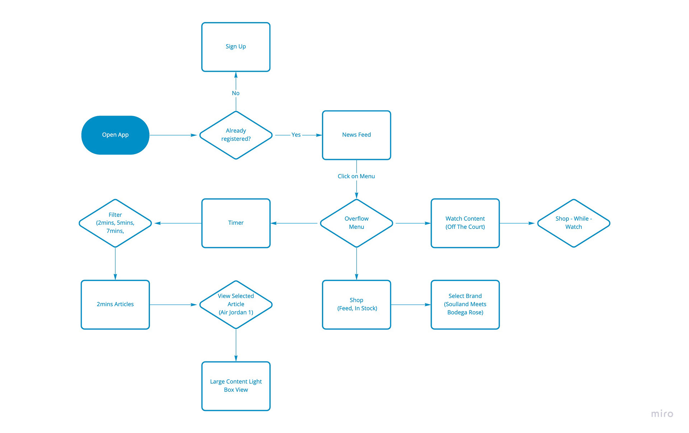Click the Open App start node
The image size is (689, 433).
[115, 135]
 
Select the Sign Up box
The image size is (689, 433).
[236, 47]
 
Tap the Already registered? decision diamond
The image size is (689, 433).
[236, 135]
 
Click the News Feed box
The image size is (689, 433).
[356, 135]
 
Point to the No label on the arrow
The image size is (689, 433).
[236, 93]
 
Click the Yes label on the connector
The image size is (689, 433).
[296, 135]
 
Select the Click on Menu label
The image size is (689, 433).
[356, 176]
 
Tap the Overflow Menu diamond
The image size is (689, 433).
[356, 223]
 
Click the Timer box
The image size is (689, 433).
[236, 223]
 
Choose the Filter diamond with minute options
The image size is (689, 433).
[115, 223]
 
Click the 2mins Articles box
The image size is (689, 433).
[115, 305]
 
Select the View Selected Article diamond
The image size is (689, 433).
[236, 305]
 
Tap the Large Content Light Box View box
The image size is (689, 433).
[236, 386]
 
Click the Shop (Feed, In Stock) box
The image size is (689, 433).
[356, 305]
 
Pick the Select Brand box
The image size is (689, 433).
[465, 305]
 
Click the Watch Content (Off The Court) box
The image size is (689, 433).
[465, 223]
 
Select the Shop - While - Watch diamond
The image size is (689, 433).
[574, 223]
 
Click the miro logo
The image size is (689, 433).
[662, 414]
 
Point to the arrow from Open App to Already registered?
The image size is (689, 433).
[173, 135]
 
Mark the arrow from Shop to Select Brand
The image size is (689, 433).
[411, 305]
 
